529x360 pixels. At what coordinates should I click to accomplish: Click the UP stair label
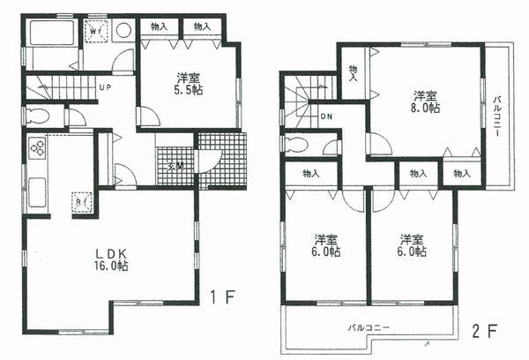coord(104,87)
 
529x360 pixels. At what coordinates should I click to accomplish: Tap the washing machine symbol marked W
coord(95,31)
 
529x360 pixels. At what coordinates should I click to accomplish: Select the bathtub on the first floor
coord(51,34)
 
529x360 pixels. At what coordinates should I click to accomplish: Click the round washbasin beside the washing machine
coord(123,30)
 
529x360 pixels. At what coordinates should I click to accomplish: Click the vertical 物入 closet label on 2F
coord(352,71)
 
